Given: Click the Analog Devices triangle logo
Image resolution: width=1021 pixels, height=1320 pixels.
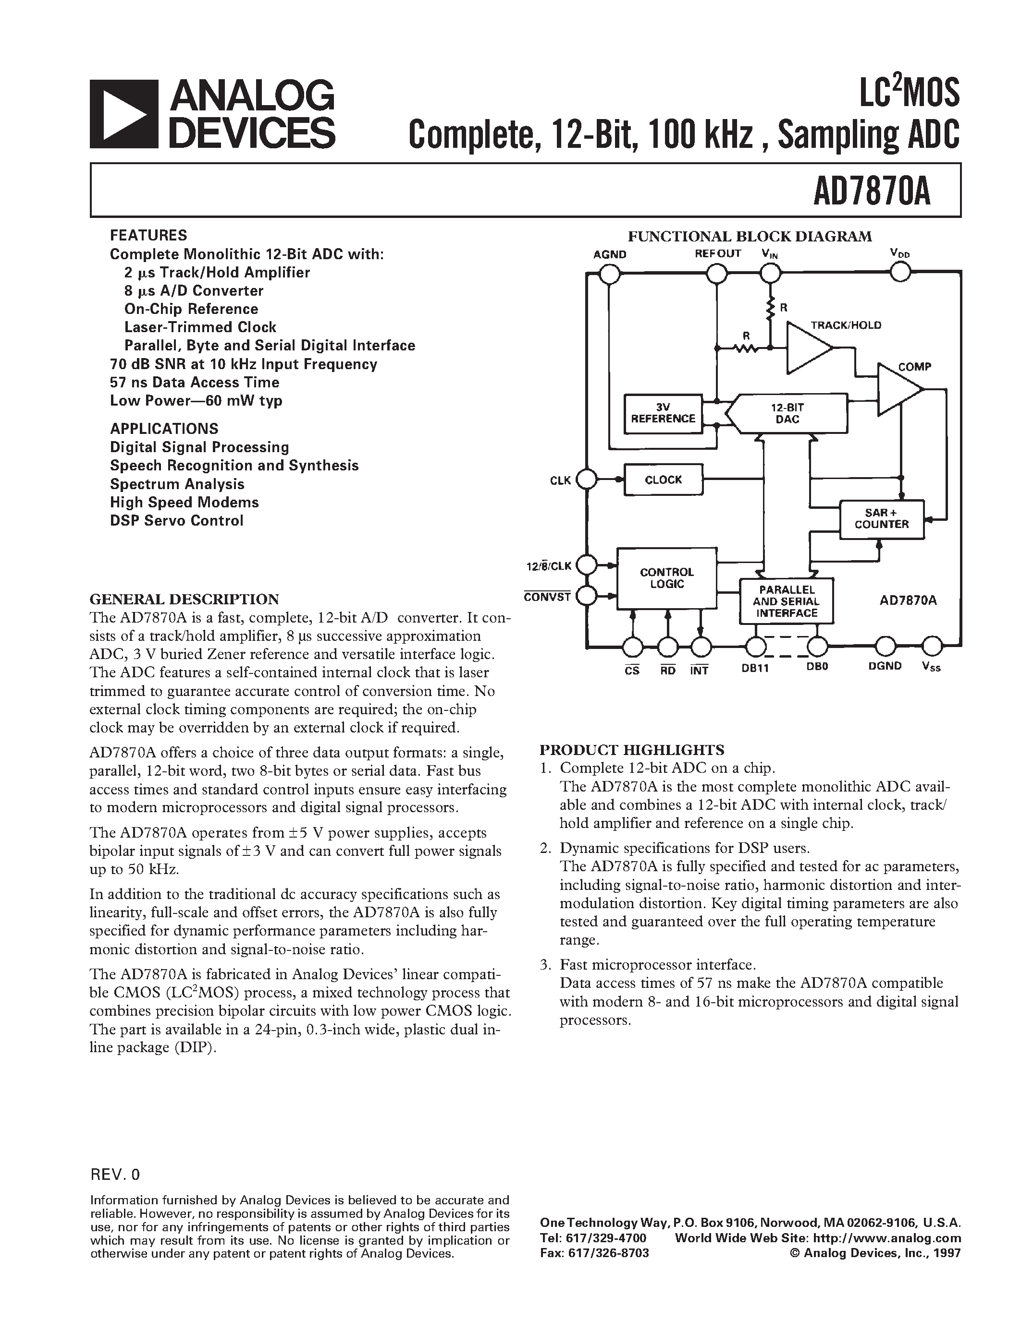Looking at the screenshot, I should click(x=124, y=114).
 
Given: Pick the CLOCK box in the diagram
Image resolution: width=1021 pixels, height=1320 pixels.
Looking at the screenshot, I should click(x=663, y=480).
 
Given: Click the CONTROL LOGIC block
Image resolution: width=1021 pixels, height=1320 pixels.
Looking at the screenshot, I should click(x=666, y=578).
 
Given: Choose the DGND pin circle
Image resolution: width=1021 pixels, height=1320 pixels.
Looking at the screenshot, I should click(x=885, y=646).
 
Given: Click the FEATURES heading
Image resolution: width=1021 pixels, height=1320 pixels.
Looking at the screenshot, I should click(x=148, y=235).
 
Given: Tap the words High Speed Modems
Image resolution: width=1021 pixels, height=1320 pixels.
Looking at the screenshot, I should click(x=184, y=502).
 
